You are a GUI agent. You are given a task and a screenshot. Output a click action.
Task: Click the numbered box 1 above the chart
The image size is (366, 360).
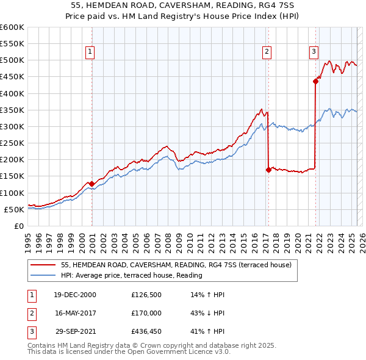coord(90,52)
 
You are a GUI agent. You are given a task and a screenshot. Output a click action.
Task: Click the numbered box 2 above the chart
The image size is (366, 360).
coord(267,52)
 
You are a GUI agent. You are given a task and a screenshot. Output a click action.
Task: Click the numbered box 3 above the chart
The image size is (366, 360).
coord(314,52)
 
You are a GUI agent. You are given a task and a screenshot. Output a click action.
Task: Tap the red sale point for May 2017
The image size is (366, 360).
coord(268,170)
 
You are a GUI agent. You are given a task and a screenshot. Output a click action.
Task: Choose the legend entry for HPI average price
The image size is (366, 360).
coord(132,276)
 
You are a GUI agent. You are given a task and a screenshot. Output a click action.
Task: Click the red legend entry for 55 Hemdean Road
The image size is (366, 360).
coord(177,265)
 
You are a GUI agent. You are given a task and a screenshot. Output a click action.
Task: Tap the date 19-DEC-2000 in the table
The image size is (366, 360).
coord(75,295)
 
